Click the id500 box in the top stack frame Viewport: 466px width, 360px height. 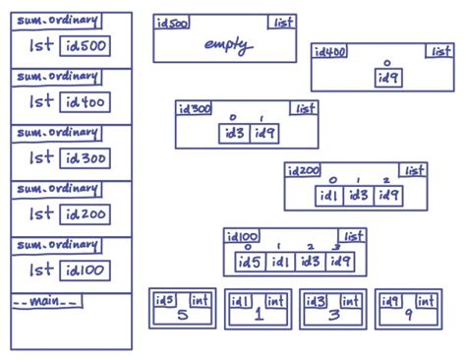tap(86, 46)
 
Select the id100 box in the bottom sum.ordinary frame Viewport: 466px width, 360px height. tap(86, 270)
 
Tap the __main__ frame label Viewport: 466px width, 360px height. tap(46, 301)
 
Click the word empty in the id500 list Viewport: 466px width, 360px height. tap(228, 45)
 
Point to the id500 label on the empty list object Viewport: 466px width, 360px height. tap(172, 24)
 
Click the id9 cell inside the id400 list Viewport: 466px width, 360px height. tap(388, 78)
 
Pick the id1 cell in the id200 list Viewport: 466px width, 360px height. tap(328, 195)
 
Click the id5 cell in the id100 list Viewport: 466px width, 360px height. tap(250, 262)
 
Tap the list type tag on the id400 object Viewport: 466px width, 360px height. tap(438, 51)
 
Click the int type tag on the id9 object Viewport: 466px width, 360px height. tap(424, 300)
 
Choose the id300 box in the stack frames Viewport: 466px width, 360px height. tap(86, 158)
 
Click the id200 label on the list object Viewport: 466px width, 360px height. tap(304, 171)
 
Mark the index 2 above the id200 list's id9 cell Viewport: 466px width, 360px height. tap(386, 180)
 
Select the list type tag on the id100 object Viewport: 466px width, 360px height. tap(352, 237)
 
